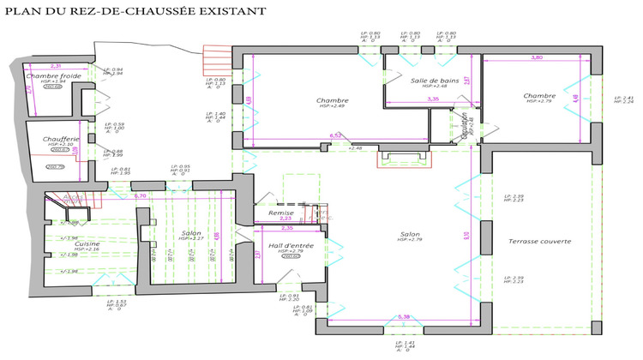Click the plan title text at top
tap(135, 10)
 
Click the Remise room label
tap(281, 212)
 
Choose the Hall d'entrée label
tap(290, 247)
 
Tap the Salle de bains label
tap(436, 80)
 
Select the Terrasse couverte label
tap(539, 241)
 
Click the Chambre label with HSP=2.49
tap(332, 100)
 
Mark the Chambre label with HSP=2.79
tap(540, 96)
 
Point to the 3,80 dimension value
tap(537, 57)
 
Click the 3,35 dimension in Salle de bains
tap(433, 99)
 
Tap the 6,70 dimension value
tap(142, 196)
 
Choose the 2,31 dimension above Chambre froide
tap(56, 65)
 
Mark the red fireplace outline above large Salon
tap(399, 159)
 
